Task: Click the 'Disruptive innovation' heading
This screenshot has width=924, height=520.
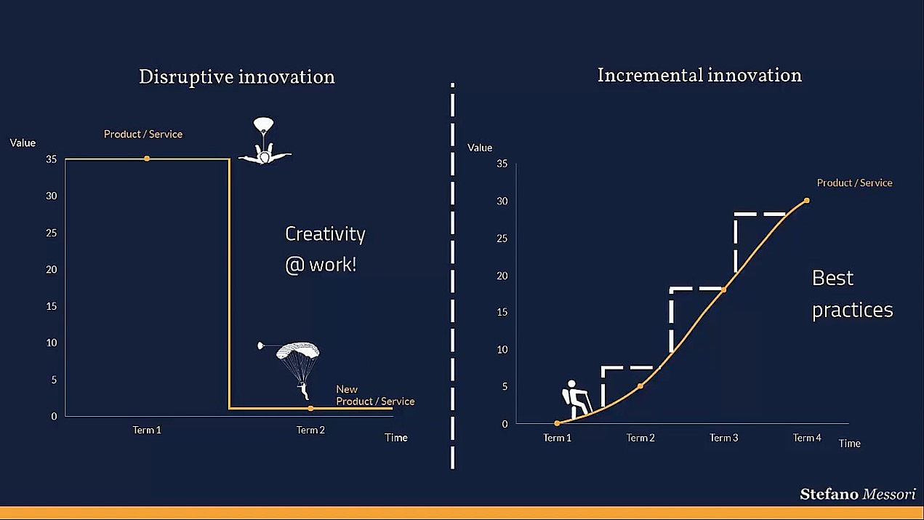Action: (237, 77)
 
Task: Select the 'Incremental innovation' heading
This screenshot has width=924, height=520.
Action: (699, 75)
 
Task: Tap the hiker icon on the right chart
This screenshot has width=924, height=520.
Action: (577, 399)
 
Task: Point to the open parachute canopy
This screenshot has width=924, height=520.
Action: (298, 351)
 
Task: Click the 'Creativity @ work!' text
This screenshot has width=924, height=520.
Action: (325, 249)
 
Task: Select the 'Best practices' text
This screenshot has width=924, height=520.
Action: (852, 294)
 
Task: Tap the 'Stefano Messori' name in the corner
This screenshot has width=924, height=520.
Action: (858, 494)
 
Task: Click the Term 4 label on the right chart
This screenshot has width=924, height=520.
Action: (807, 438)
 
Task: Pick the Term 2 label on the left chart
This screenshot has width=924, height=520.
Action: (310, 430)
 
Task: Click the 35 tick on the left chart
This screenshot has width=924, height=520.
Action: (51, 159)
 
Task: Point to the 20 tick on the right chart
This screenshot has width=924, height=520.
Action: (502, 276)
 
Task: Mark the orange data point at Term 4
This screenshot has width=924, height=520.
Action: (807, 201)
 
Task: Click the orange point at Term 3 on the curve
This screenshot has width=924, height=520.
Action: (723, 290)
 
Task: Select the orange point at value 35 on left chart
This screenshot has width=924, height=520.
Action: (147, 159)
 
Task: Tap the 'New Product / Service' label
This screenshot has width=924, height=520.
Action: (375, 396)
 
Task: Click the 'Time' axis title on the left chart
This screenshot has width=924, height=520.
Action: (396, 438)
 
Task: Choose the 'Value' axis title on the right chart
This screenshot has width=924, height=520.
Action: (480, 148)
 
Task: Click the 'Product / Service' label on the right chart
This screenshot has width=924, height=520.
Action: (854, 183)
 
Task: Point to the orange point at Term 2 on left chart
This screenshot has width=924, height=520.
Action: (310, 409)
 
